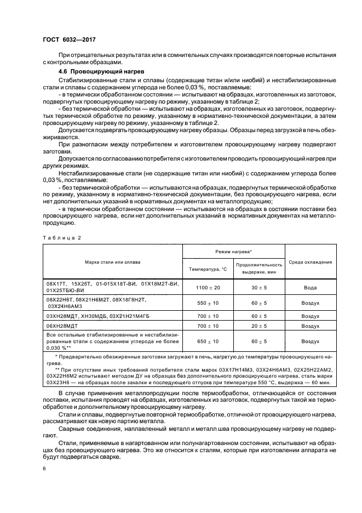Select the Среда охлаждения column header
click(x=311, y=262)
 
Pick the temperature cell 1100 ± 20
click(x=208, y=287)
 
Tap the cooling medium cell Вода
click(x=311, y=287)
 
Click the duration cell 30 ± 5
click(x=259, y=287)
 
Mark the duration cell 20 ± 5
click(x=259, y=326)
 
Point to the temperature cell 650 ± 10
click(x=208, y=341)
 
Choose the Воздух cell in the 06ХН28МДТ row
click(x=311, y=326)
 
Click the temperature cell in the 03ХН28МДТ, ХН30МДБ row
click(x=208, y=316)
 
